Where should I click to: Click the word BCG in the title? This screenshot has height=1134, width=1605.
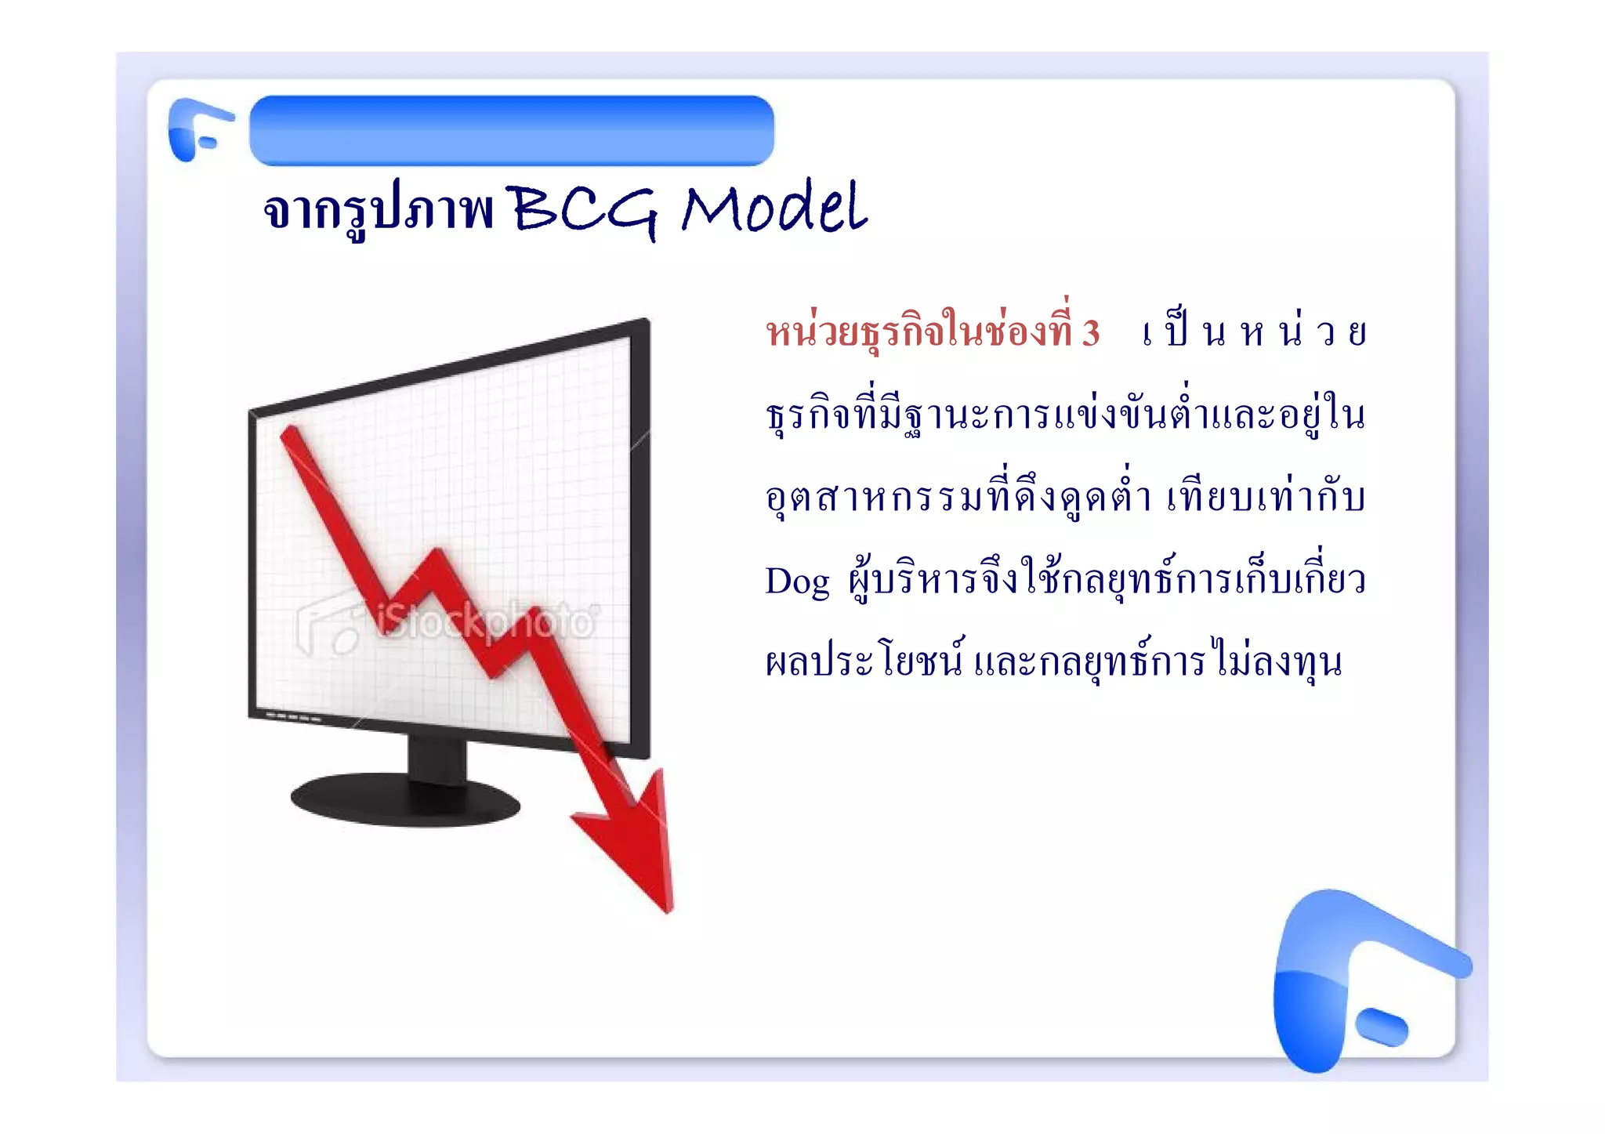click(x=584, y=210)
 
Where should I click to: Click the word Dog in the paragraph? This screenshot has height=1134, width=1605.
click(x=796, y=581)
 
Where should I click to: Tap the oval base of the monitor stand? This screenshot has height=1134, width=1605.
click(x=404, y=799)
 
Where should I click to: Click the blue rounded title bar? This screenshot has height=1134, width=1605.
click(x=511, y=130)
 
